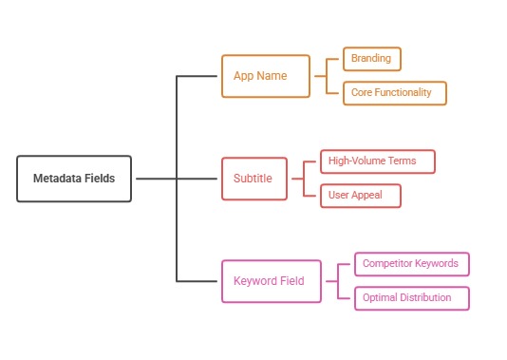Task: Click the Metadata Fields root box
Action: point(74,179)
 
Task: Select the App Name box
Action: point(265,75)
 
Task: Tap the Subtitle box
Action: point(253,179)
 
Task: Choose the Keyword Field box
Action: point(271,281)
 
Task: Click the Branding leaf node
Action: point(371,59)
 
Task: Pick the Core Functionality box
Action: point(394,92)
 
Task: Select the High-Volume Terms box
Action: point(377,161)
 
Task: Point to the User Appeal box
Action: point(360,195)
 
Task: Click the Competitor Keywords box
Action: point(410,263)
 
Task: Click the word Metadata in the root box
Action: point(55,179)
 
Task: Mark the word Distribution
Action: point(434,297)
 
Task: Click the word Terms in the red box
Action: point(402,161)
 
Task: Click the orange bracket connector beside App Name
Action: point(326,75)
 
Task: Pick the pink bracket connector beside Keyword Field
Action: point(337,281)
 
